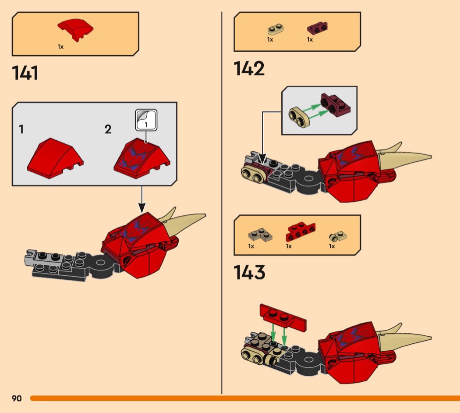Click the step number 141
[x=25, y=73]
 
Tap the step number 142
[x=249, y=68]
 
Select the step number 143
[x=249, y=272]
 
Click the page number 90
[x=17, y=398]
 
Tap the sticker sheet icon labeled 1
[x=146, y=120]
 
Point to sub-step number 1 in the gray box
[x=21, y=129]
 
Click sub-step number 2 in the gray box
[x=108, y=129]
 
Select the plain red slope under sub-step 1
[x=55, y=158]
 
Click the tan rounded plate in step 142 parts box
[x=275, y=29]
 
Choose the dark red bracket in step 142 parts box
[x=318, y=28]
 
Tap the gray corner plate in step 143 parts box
[x=260, y=235]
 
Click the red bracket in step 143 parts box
[x=301, y=231]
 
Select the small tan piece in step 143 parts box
[x=338, y=236]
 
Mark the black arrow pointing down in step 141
[x=142, y=199]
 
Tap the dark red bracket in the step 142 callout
[x=335, y=105]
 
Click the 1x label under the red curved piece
[x=60, y=46]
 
